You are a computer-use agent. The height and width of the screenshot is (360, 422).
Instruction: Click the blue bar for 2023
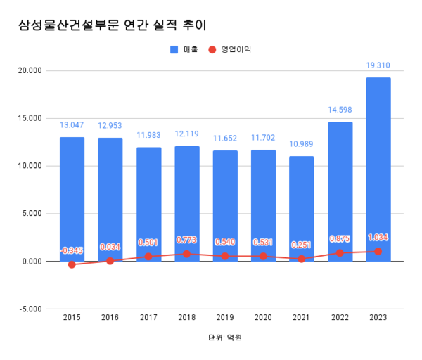378,169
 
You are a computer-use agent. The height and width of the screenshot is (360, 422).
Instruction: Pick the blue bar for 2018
186,203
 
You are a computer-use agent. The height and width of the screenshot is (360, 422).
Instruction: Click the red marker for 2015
72,264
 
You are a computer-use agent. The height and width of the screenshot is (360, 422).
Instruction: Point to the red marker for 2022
340,252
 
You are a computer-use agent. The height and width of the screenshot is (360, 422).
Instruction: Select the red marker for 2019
225,256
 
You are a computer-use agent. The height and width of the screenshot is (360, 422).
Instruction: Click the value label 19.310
378,65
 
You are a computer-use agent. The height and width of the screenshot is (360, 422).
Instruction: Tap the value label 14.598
340,110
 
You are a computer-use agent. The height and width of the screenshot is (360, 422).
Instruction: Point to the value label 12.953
110,125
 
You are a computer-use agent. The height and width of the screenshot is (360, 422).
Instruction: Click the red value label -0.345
72,250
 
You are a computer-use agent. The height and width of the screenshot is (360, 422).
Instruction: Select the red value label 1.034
378,237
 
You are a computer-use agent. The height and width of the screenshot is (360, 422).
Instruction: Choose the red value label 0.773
186,240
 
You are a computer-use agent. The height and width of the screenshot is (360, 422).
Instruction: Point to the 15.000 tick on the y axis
32,118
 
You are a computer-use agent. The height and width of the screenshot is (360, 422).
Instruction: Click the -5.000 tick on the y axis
32,309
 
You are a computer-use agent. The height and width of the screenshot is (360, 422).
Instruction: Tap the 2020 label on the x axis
263,318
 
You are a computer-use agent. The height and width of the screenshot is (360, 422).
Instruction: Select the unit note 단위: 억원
224,337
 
